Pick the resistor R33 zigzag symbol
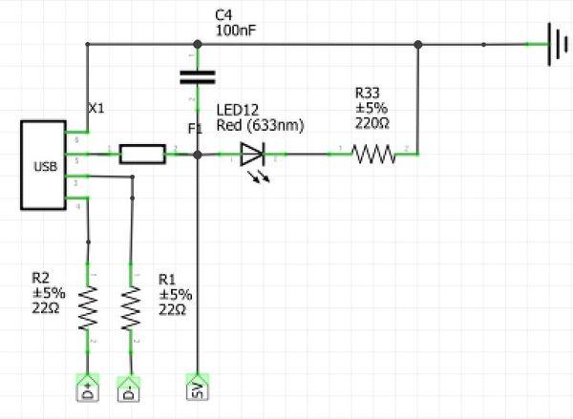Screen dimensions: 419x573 coord(373,153)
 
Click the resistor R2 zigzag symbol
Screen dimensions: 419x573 coord(88,307)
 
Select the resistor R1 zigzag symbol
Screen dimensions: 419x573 coord(131,307)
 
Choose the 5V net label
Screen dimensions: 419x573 coord(196,388)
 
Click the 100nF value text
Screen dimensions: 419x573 coord(235,31)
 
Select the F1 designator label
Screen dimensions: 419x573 coord(196,127)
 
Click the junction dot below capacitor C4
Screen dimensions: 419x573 coord(197,153)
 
